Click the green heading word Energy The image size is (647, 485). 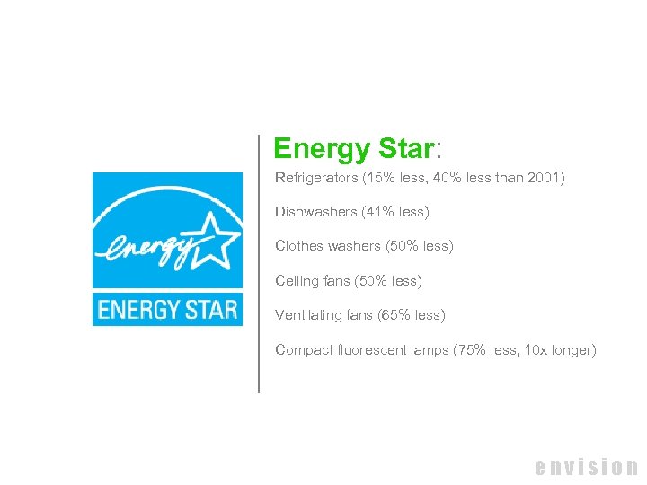[321, 149]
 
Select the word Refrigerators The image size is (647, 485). [316, 178]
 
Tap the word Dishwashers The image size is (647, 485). [315, 212]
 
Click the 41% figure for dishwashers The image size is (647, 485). [380, 212]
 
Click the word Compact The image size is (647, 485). [302, 350]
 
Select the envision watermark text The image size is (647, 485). [586, 467]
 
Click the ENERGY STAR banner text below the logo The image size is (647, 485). [167, 310]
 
